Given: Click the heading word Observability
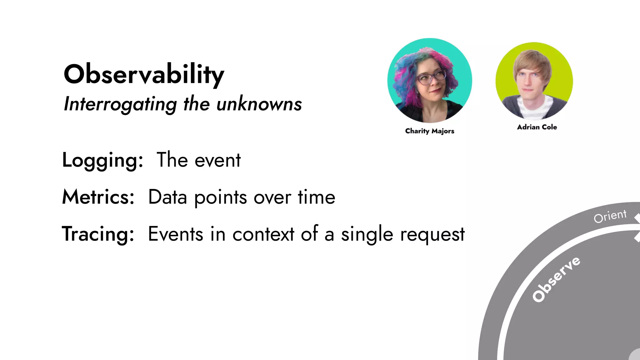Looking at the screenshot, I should point(144,74).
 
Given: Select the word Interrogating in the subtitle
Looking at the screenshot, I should point(120,104).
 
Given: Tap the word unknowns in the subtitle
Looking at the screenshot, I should point(259,104).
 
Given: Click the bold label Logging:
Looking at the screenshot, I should point(102,160).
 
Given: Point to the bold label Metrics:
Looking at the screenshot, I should point(98,197).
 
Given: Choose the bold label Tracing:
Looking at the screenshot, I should point(98,234).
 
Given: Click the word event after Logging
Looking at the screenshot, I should point(217,160).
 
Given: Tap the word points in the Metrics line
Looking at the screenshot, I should point(221,198).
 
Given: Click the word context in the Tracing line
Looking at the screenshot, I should point(263,234).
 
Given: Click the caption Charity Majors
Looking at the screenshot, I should point(429,131).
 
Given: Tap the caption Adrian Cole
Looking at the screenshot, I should point(537,127).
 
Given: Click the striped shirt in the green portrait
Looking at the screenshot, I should point(534,108).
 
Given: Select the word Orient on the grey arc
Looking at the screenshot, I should point(610,216).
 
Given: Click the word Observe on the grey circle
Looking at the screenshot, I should point(556,279).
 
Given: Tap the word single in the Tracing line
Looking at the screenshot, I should point(367,235).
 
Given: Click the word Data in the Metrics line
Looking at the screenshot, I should point(167,197).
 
